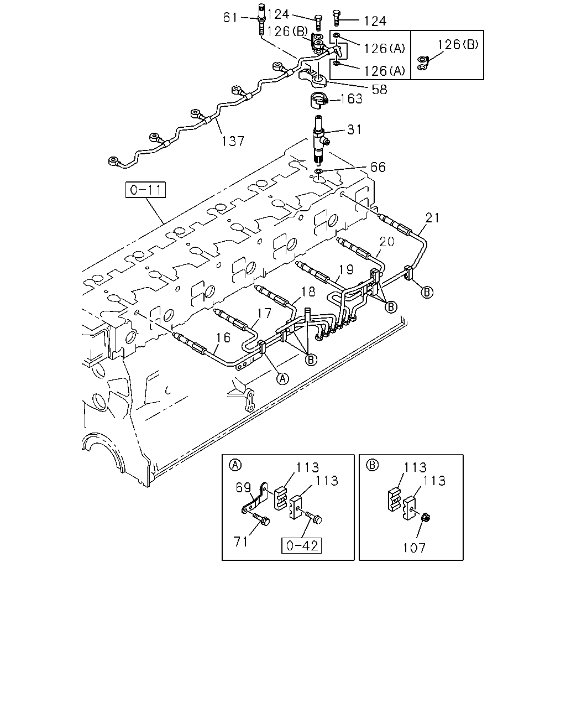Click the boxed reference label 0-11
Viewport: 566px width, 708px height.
click(145, 190)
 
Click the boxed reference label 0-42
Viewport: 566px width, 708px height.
click(302, 545)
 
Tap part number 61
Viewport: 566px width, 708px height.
click(230, 18)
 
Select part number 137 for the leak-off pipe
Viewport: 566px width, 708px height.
click(233, 141)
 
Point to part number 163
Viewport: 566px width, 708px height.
click(351, 98)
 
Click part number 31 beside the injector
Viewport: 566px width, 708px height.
click(354, 129)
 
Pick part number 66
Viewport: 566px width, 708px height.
click(378, 167)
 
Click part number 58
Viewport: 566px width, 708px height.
click(380, 90)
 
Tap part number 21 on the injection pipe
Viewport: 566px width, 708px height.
click(432, 218)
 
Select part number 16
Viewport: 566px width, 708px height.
click(223, 337)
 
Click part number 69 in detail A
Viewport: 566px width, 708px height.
click(243, 487)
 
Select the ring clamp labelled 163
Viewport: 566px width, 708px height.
click(318, 100)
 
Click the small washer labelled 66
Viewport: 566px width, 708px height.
click(318, 171)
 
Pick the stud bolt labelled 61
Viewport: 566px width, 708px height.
click(261, 19)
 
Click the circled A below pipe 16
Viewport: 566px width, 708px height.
click(282, 379)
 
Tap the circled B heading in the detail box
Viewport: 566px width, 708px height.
click(373, 465)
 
